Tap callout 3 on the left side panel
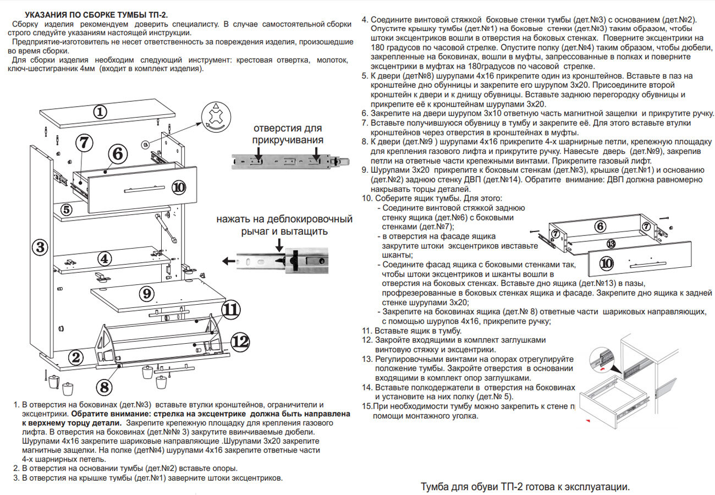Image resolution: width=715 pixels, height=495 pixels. (40, 246)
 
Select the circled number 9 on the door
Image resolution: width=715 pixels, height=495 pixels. (146, 294)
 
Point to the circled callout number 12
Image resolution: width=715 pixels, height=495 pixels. (240, 342)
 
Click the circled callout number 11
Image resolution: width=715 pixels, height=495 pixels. (232, 309)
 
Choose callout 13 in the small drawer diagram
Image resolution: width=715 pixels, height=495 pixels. (609, 244)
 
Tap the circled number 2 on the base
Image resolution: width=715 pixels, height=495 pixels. (76, 357)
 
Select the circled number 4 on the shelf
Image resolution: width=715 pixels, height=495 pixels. (105, 258)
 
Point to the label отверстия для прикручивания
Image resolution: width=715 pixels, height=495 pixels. (287, 134)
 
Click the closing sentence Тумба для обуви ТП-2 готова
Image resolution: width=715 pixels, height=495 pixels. (524, 487)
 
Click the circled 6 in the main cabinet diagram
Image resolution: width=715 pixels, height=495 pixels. (117, 155)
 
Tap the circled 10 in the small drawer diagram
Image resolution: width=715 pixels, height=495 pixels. (606, 264)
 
